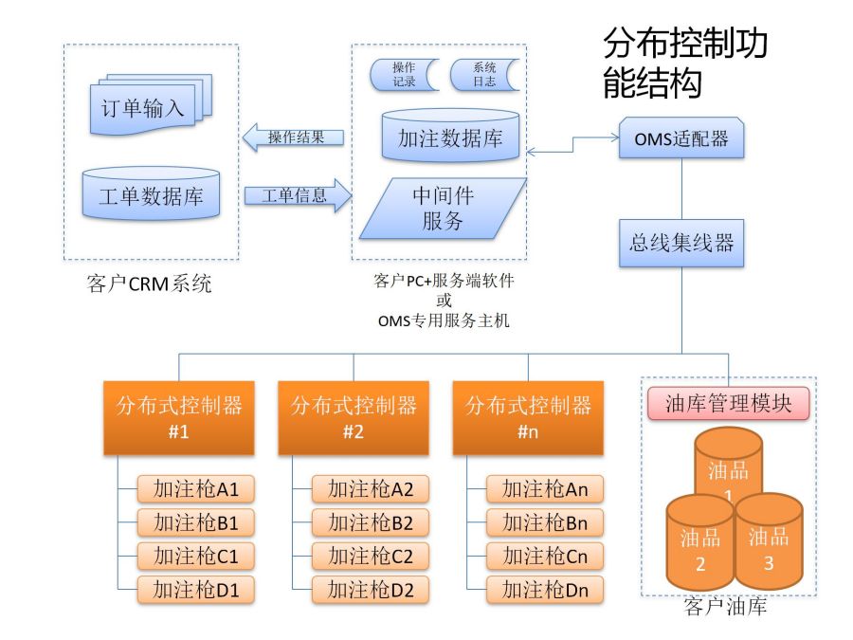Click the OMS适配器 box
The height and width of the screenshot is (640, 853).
[x=681, y=138]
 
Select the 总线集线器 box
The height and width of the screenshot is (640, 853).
[x=681, y=243]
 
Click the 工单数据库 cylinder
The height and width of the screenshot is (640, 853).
[x=151, y=196]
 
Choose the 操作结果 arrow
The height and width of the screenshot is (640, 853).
[x=293, y=137]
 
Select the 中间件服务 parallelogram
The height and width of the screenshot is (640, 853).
[x=443, y=208]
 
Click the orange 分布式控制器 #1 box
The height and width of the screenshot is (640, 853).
[x=179, y=417]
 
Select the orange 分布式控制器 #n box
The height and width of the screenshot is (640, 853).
[x=528, y=417]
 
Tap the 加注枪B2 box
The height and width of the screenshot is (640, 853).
[x=371, y=522]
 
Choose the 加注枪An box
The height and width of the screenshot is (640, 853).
[x=545, y=489]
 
